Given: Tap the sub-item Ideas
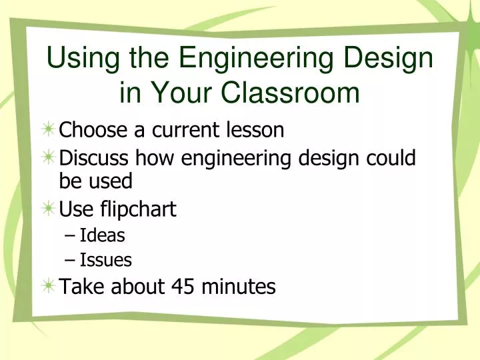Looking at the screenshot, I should (102, 235).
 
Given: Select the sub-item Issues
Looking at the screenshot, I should (105, 260).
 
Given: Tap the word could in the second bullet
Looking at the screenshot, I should (393, 158).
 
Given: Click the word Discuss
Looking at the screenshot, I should (95, 158).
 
